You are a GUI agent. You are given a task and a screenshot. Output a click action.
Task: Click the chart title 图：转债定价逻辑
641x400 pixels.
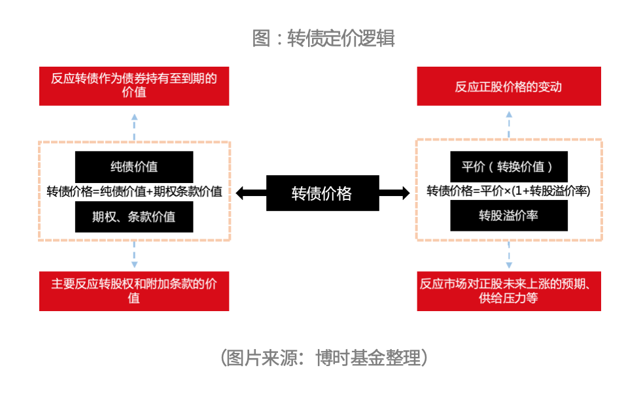click(323, 39)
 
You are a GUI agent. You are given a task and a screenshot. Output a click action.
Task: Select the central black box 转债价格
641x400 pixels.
click(322, 193)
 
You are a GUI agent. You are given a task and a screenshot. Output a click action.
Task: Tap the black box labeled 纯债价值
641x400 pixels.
click(134, 167)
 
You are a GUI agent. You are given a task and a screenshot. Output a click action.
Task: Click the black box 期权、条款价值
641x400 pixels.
click(134, 216)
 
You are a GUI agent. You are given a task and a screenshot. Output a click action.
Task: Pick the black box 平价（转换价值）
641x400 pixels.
click(509, 167)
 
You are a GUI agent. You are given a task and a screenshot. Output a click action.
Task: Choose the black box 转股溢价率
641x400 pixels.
click(509, 216)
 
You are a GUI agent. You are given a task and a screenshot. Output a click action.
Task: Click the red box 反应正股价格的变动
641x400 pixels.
click(509, 86)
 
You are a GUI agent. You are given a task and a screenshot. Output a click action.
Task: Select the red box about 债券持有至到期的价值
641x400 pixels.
click(134, 86)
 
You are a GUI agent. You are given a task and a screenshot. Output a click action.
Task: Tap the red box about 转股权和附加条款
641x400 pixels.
click(134, 291)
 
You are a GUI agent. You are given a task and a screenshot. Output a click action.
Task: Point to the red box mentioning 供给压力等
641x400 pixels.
click(509, 291)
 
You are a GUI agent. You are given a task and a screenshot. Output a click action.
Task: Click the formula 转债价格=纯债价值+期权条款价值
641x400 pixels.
click(134, 192)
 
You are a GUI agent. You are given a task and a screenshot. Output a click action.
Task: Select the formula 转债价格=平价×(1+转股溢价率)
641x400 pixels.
click(509, 191)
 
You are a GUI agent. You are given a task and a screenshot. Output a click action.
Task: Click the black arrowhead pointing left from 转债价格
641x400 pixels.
click(239, 193)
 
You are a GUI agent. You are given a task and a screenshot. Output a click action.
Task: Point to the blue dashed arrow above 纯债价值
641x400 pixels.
click(135, 127)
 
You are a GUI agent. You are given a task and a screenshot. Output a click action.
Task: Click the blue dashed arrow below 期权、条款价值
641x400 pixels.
click(135, 254)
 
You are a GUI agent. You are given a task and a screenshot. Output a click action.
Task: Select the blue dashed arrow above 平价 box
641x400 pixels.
click(509, 125)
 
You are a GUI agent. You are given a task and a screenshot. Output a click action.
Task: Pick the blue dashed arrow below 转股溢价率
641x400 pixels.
click(509, 254)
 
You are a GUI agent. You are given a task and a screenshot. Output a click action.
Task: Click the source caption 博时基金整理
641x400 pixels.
click(368, 358)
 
